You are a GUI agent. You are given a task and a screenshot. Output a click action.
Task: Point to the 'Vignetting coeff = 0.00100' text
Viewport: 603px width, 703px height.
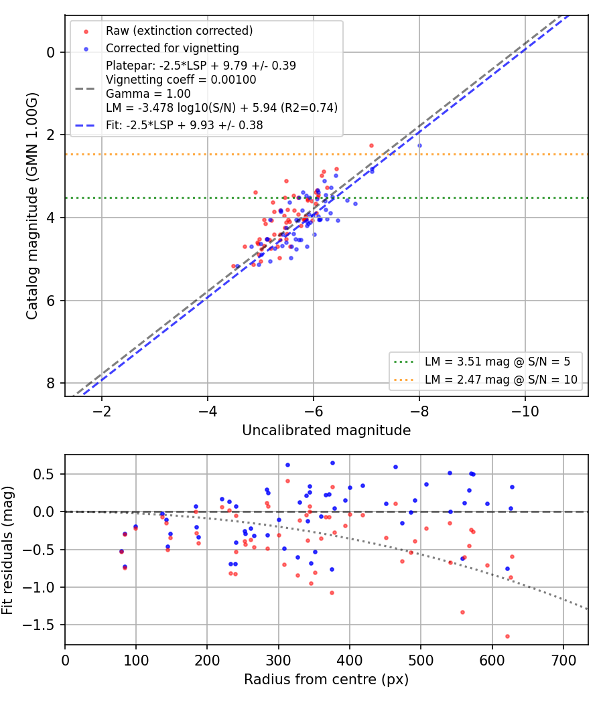(x=181, y=80)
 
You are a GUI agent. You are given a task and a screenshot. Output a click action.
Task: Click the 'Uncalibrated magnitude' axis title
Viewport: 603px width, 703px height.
(x=326, y=431)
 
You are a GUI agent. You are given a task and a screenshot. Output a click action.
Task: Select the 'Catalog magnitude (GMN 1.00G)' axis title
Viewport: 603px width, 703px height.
(x=32, y=206)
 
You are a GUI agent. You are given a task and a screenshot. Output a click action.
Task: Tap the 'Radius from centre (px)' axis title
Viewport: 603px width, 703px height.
(x=326, y=680)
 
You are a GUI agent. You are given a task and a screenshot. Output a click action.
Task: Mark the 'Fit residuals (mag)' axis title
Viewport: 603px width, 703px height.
(x=7, y=550)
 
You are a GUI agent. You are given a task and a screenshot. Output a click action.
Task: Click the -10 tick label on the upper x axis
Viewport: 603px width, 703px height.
(x=525, y=411)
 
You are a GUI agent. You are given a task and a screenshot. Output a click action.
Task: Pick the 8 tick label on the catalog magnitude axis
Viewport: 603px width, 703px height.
(x=50, y=384)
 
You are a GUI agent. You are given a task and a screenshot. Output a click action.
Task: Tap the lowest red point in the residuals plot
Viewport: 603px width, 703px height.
(x=507, y=636)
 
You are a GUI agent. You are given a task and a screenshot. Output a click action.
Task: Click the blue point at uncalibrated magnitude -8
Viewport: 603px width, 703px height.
(x=419, y=146)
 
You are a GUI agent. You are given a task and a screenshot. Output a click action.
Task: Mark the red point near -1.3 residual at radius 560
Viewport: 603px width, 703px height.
(x=462, y=612)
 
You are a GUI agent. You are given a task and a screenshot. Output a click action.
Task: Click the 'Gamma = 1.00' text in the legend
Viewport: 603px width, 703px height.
(x=148, y=94)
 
